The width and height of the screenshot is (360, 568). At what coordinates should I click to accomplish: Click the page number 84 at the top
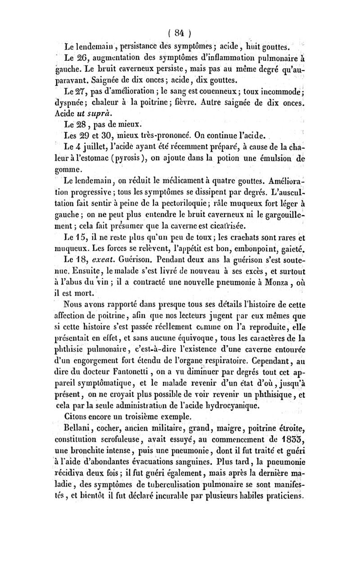(x=180, y=32)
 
